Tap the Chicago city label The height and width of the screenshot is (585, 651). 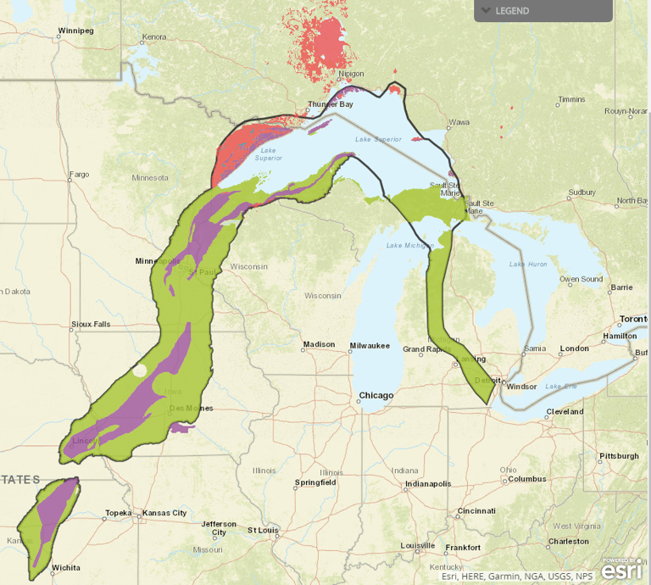(x=376, y=395)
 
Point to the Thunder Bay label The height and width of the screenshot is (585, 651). (x=331, y=104)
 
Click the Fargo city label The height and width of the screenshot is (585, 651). (x=79, y=174)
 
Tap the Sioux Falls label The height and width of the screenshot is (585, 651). (x=91, y=324)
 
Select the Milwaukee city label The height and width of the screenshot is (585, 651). (x=370, y=345)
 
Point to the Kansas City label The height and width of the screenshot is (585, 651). (x=167, y=513)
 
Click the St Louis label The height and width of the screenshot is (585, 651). (x=263, y=530)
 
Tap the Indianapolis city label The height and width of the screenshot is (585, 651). (x=427, y=484)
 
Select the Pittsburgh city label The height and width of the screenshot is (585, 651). (x=619, y=455)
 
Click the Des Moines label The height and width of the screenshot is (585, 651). (x=191, y=408)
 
